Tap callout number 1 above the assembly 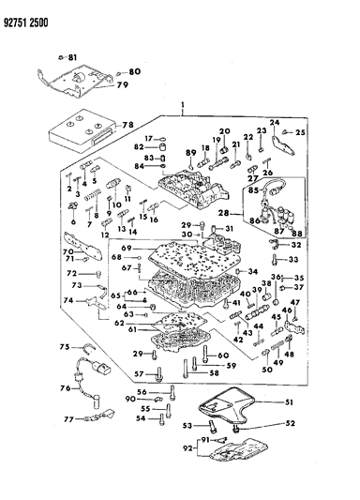click(170, 107)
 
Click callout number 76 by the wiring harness click(66, 388)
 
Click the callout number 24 click(276, 123)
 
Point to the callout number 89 click(190, 152)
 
